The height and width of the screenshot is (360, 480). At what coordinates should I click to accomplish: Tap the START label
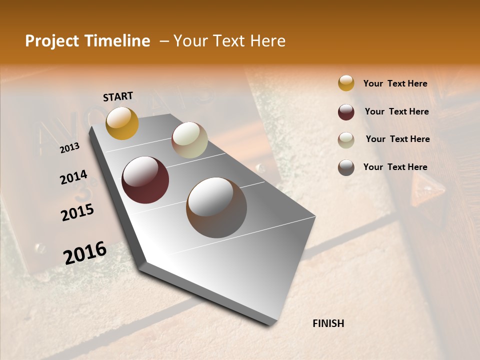[x=118, y=96]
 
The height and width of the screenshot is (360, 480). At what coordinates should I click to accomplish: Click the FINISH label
[x=328, y=323]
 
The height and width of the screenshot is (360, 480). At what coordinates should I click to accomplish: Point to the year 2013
[x=69, y=148]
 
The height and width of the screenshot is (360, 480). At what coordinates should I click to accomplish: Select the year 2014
[x=73, y=177]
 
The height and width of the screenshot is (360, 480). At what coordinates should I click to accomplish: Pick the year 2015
[x=77, y=212]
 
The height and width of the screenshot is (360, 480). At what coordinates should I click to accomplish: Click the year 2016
[x=85, y=252]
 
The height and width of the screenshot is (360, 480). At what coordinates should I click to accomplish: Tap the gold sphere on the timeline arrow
[x=122, y=123]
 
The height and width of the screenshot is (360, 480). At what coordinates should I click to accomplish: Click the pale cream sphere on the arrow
[x=189, y=140]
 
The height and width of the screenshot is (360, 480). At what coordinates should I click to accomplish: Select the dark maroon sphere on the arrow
[x=145, y=180]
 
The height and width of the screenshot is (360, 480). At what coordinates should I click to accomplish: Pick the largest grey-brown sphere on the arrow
[x=216, y=207]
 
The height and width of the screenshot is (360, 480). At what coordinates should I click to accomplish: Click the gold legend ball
[x=346, y=83]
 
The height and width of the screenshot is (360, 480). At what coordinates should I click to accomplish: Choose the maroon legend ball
[x=346, y=112]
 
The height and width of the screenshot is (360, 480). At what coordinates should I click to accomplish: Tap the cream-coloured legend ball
[x=346, y=139]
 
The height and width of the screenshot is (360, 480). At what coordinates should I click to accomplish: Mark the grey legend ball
[x=346, y=167]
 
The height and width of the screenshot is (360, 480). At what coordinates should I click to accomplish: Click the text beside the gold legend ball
[x=395, y=83]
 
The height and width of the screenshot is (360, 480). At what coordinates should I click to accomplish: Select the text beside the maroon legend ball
[x=396, y=111]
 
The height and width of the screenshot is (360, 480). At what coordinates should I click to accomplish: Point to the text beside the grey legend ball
[x=395, y=167]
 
